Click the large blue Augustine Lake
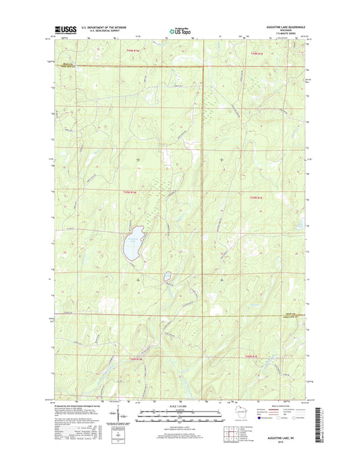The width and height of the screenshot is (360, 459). pyautogui.click(x=132, y=244)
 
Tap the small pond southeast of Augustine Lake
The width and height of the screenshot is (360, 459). pyautogui.click(x=165, y=276)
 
